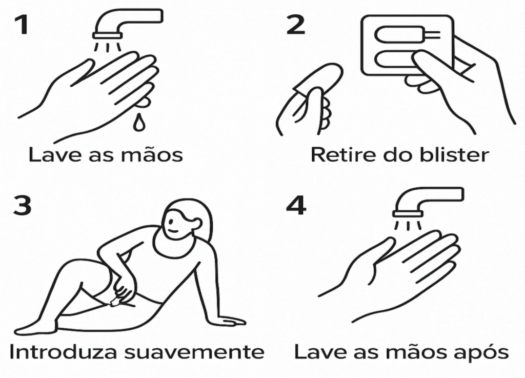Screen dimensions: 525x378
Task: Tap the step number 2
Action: (x=296, y=25)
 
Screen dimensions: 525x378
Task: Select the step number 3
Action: (x=22, y=205)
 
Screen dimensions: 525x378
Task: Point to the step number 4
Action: (x=296, y=205)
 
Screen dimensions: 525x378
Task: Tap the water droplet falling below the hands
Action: (x=138, y=123)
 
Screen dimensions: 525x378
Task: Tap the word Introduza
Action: (x=63, y=351)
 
